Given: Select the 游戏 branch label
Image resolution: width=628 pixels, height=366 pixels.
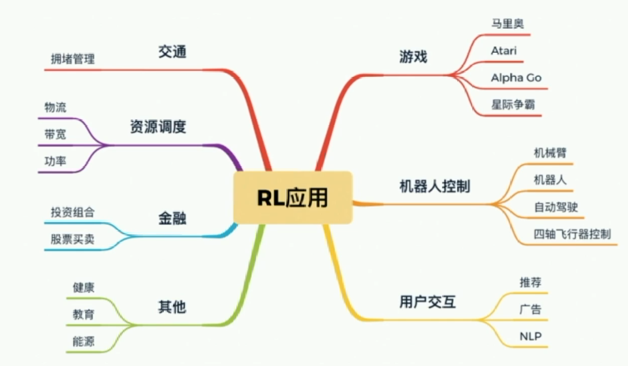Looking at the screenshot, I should point(413,56).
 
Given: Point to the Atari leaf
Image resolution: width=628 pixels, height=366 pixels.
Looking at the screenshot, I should point(503,51).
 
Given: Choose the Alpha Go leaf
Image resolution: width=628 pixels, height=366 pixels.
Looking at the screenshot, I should point(516,78).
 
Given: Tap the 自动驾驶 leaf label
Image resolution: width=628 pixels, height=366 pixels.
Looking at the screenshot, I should point(556,207).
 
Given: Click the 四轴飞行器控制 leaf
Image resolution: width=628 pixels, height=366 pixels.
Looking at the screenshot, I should point(572,234).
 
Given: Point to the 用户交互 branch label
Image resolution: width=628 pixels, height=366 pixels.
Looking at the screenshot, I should point(427,302).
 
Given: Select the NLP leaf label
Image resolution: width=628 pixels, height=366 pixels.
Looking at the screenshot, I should point(530,336).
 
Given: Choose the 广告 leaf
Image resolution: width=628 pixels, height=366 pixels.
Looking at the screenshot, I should point(530,309).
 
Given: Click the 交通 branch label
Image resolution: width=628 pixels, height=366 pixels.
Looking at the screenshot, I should point(172,52).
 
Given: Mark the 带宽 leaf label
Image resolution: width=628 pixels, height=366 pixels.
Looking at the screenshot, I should point(55,134).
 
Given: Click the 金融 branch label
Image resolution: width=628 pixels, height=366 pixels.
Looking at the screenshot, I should point(172,219).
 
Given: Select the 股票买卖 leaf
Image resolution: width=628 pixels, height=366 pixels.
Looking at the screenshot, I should point(72,240).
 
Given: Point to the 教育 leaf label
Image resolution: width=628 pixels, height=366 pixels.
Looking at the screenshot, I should point(83,314).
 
